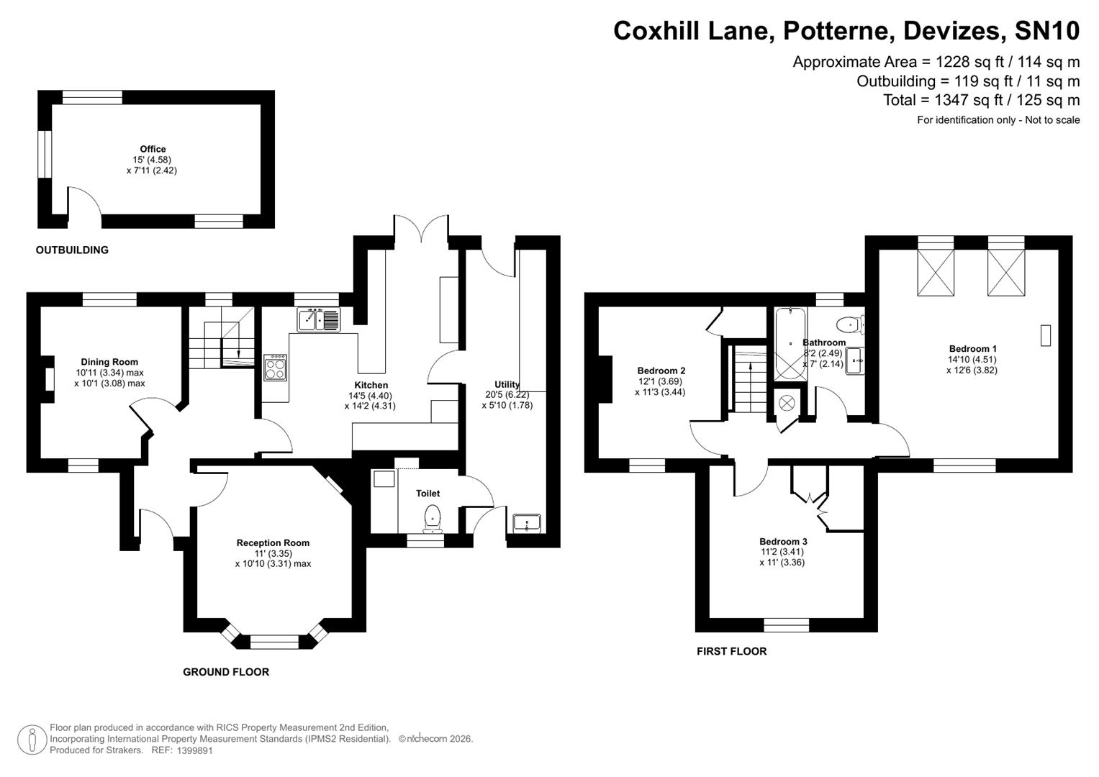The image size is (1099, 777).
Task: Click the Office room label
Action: coord(153,150)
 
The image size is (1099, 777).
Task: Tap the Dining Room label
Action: coord(109,362)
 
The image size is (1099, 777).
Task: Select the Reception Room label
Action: coord(273,543)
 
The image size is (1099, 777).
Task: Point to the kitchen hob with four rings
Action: coord(276,368)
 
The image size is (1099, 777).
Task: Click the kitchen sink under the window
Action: coord(318,319)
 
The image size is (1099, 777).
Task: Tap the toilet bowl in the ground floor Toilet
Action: coord(433,517)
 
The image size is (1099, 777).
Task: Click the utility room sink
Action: coord(528,523)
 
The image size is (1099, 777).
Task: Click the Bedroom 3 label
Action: coord(782,542)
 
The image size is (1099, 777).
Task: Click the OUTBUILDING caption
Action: coord(72,250)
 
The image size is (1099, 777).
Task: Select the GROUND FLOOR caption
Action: coord(226,672)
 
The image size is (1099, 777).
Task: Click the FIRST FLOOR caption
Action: coord(731,651)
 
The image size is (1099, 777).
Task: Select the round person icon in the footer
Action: coord(32,739)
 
